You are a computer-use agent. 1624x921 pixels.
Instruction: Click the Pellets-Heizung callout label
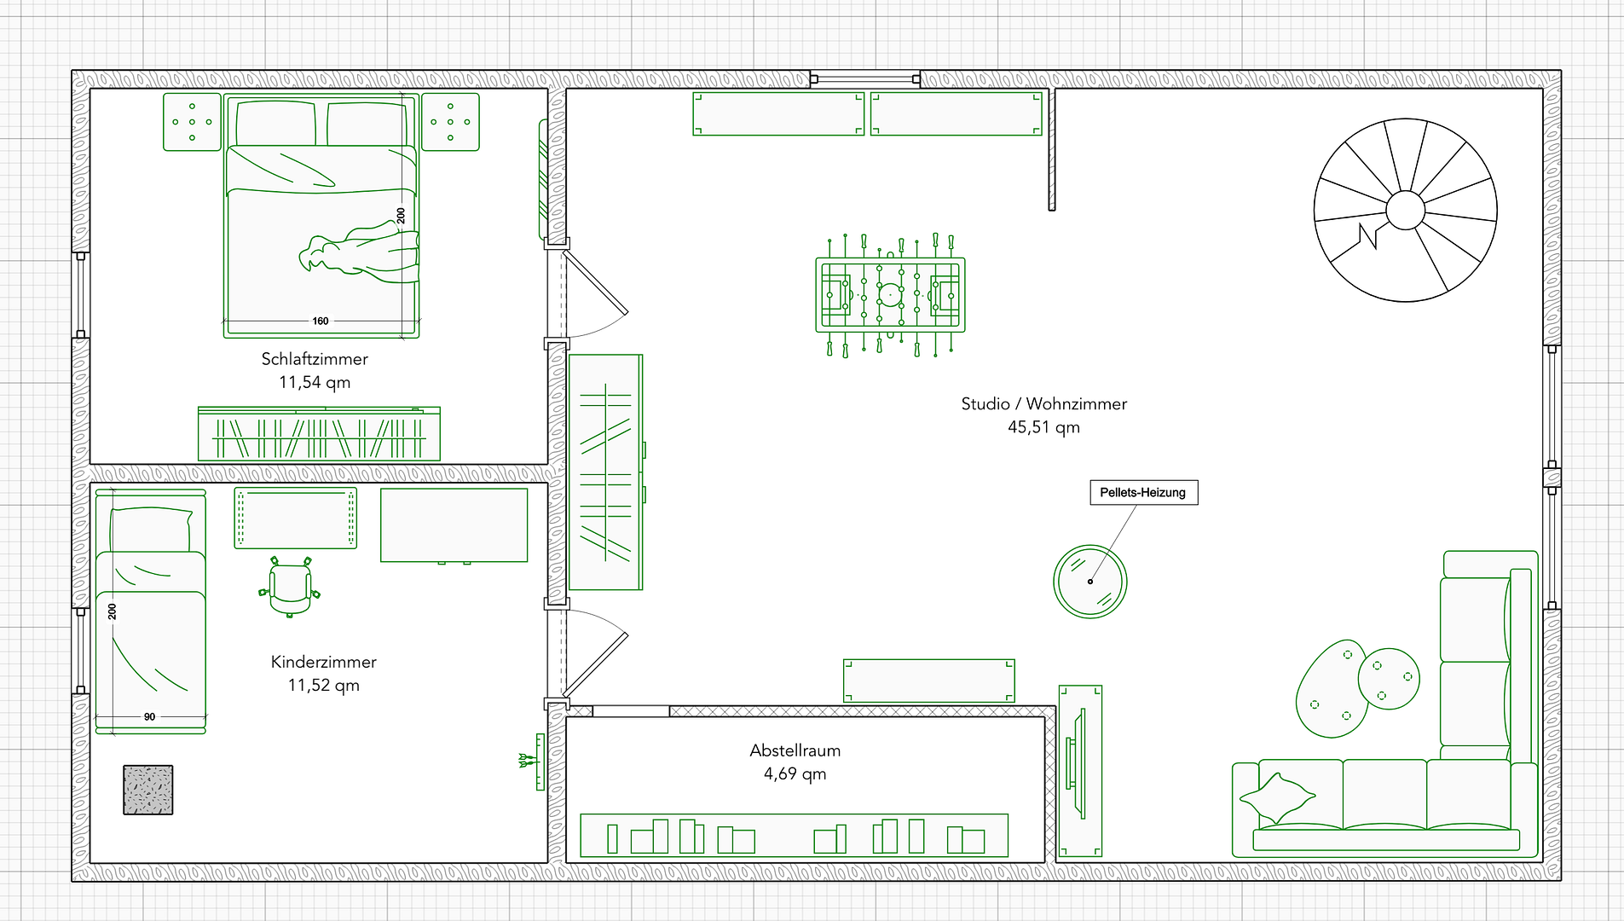1143,492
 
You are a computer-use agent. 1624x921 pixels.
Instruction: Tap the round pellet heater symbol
1090,582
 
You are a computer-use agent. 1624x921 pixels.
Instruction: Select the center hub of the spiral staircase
1405,210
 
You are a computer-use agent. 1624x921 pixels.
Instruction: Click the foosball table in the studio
890,295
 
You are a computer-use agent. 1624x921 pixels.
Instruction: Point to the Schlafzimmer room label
315,359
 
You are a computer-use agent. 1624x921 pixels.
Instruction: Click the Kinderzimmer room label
324,662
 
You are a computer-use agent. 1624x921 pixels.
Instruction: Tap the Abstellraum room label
795,750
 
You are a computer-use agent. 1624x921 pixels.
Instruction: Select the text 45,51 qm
1043,427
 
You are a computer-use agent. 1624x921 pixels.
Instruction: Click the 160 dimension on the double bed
321,321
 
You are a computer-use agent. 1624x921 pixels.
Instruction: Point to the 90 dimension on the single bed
149,717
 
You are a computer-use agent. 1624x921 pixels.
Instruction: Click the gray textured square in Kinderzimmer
148,790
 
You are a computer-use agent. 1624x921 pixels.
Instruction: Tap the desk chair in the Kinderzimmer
290,587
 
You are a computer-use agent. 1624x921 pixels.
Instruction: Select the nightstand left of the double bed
192,122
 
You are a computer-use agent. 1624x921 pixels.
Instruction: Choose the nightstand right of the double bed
451,122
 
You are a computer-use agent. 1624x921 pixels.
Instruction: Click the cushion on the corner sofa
1277,798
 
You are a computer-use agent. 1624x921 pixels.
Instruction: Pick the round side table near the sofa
1389,679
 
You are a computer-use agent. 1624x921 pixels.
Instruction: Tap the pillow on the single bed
151,529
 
